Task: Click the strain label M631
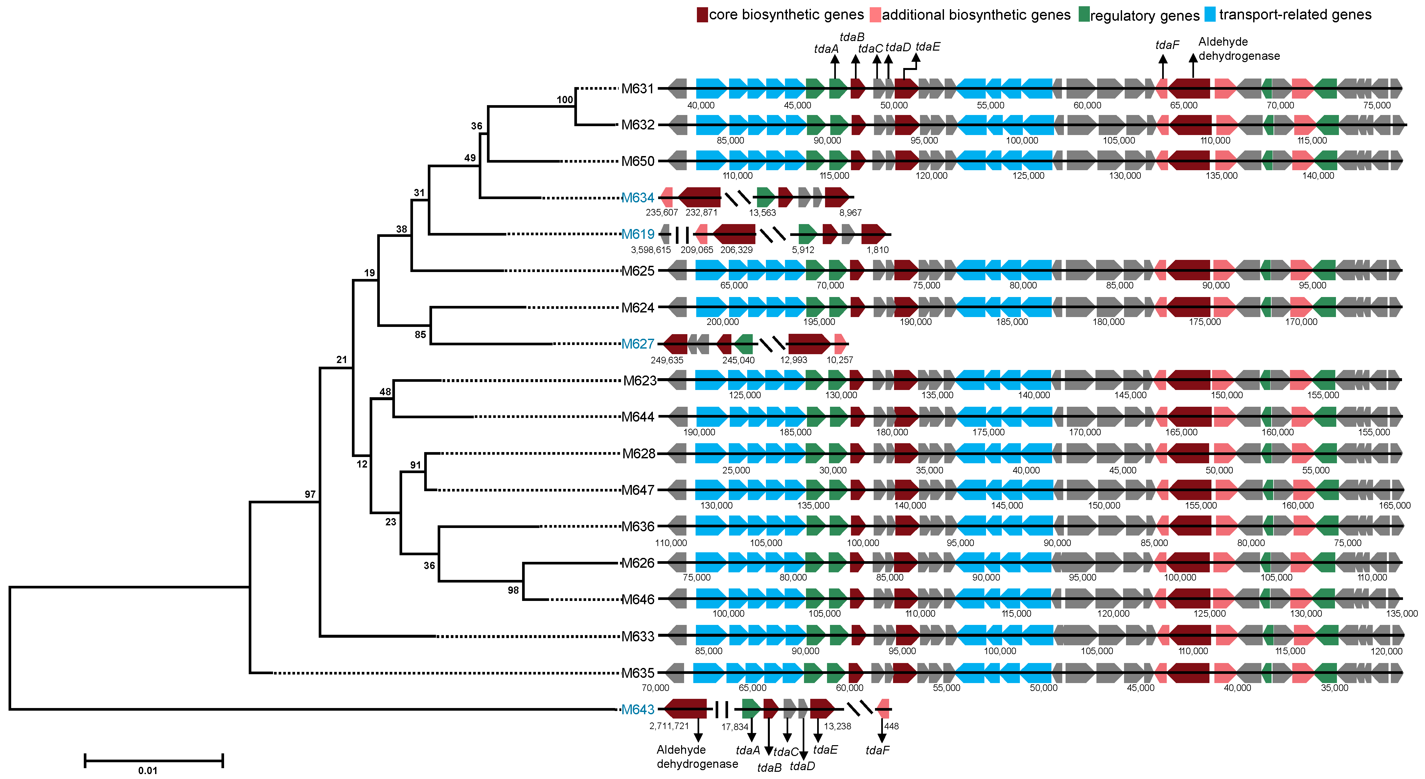pyautogui.click(x=637, y=88)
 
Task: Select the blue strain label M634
pyautogui.click(x=637, y=197)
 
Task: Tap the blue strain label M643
pyautogui.click(x=637, y=709)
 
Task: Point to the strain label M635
pyautogui.click(x=637, y=673)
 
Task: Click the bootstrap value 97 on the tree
pyautogui.click(x=310, y=494)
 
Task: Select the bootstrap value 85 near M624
pyautogui.click(x=421, y=334)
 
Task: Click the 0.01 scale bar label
pyautogui.click(x=148, y=770)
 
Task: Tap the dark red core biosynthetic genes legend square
pyautogui.click(x=702, y=15)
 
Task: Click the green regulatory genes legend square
pyautogui.click(x=1084, y=15)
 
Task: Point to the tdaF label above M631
pyautogui.click(x=1167, y=45)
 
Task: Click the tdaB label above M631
pyautogui.click(x=852, y=37)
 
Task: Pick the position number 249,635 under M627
pyautogui.click(x=667, y=360)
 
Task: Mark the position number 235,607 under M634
pyautogui.click(x=662, y=213)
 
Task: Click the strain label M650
pyautogui.click(x=637, y=161)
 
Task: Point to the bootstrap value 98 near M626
pyautogui.click(x=513, y=590)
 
